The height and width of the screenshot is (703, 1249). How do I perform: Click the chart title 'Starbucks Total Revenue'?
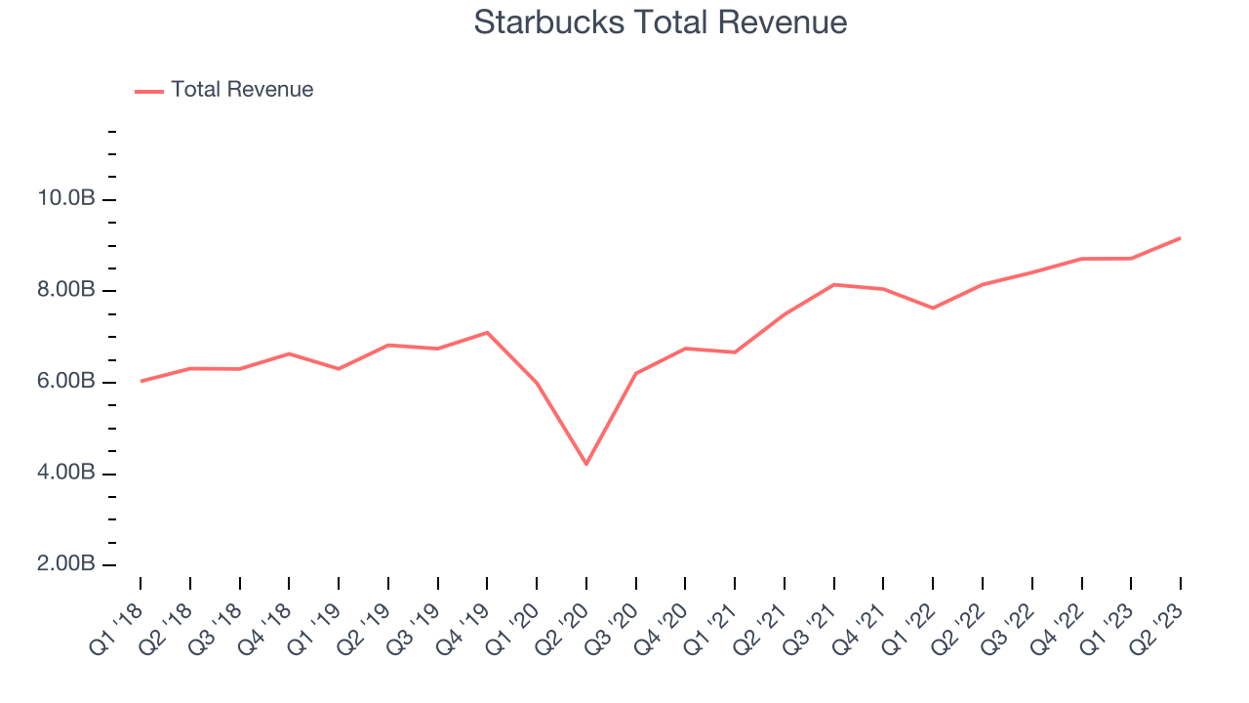click(x=660, y=22)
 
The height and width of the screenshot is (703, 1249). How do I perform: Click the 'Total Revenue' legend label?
click(x=242, y=90)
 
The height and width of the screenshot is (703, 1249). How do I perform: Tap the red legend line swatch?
click(x=149, y=91)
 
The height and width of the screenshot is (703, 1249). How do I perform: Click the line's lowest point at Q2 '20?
click(x=586, y=464)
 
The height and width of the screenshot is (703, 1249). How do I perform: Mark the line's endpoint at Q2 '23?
click(x=1181, y=238)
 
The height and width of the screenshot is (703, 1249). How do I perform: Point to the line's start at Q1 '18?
click(x=141, y=381)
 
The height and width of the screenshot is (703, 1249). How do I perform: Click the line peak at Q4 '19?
click(x=487, y=332)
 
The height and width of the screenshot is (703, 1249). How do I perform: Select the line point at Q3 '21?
click(x=834, y=284)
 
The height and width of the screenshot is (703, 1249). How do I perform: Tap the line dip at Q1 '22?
click(x=933, y=309)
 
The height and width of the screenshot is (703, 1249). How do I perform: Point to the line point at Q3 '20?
click(x=636, y=373)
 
